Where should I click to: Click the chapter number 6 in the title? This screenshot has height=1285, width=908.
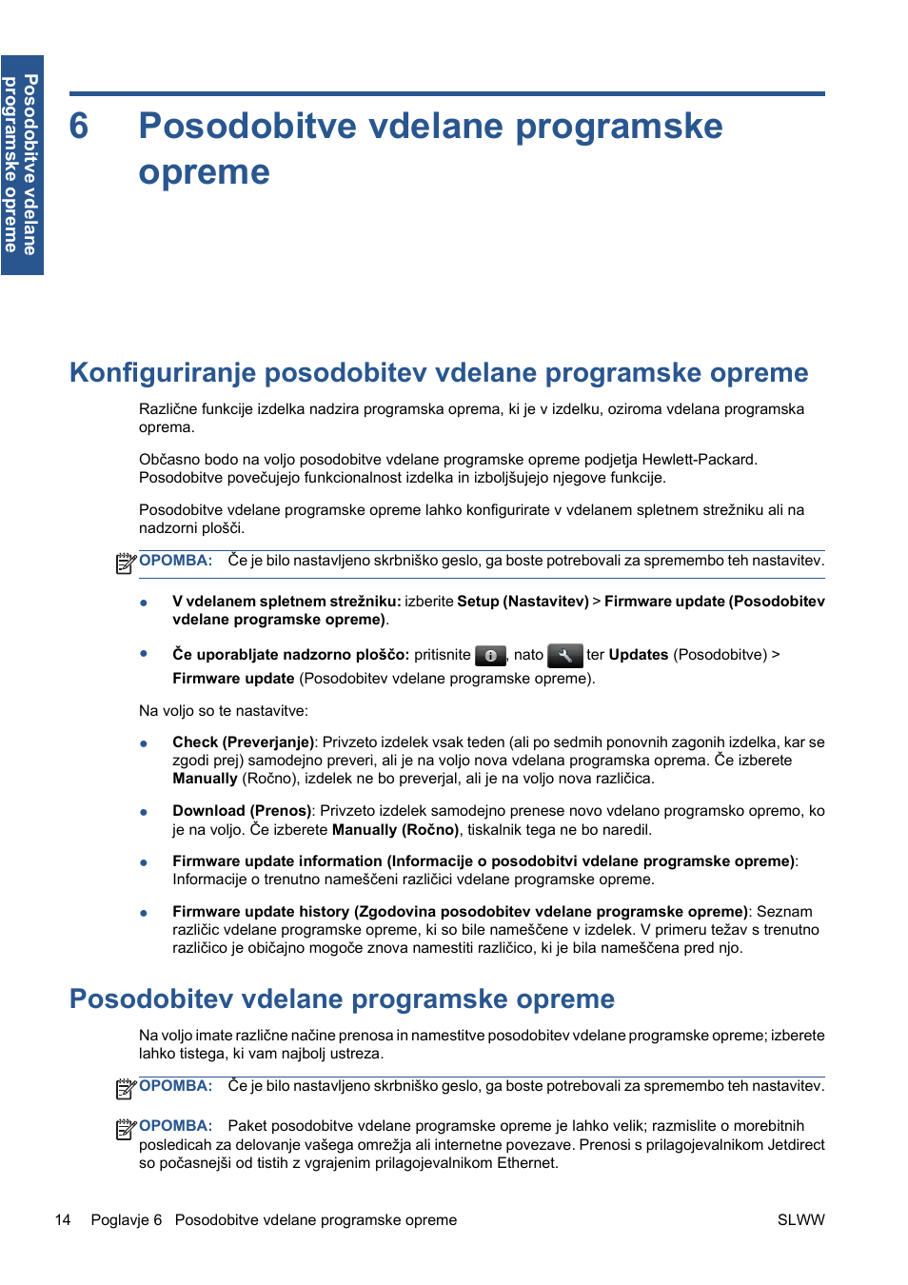click(79, 127)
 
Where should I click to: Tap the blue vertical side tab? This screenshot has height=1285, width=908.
click(22, 165)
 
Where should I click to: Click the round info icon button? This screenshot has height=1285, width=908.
click(490, 656)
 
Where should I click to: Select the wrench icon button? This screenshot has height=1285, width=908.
click(564, 656)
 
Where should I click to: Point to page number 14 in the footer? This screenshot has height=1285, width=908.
click(63, 1220)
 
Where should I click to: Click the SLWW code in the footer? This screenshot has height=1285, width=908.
click(800, 1220)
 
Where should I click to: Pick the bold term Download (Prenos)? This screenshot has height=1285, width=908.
click(242, 811)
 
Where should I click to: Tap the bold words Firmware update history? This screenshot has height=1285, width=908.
click(260, 912)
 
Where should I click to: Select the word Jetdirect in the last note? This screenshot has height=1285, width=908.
click(796, 1145)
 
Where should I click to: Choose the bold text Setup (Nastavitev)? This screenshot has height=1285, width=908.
click(523, 602)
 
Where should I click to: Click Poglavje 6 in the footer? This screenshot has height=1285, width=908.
click(126, 1220)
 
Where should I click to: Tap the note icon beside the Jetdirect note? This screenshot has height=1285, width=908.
click(126, 1129)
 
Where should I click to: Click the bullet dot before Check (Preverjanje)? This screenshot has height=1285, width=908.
click(144, 743)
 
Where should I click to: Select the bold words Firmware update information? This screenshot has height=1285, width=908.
click(277, 861)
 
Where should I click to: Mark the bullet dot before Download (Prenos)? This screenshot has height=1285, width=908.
click(144, 812)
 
